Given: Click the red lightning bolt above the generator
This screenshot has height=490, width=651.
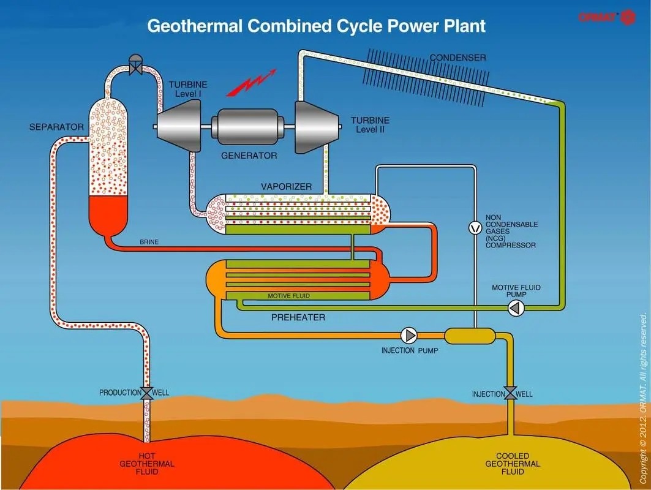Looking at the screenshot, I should point(251,84).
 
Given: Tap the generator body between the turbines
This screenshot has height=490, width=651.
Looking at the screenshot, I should point(247,127).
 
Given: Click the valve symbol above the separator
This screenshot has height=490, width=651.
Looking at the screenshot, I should point(135,65).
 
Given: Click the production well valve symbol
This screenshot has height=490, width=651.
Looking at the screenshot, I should point(147,393).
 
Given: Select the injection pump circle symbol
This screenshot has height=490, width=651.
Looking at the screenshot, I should point(408,335).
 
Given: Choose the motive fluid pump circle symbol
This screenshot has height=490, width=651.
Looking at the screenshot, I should point(516,307).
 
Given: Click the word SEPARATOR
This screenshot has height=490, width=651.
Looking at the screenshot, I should point(56,127).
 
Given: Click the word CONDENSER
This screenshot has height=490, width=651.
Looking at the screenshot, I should point(457,58).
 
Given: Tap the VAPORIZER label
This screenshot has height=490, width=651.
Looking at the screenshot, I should point(287,186).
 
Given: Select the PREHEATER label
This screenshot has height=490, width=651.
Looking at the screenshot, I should point(298,317).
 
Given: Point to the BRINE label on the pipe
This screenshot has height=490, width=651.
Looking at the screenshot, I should point(149,242).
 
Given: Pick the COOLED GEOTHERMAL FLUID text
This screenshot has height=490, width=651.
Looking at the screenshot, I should point(513,464).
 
